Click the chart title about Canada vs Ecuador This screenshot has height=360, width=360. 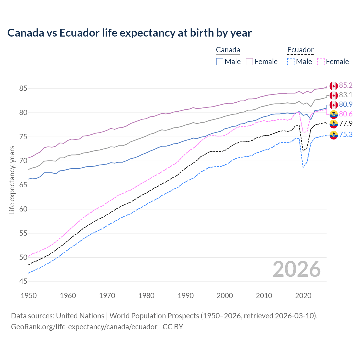pos(129,33)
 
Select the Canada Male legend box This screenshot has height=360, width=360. pos(220,62)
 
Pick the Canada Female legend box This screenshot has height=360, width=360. pos(249,62)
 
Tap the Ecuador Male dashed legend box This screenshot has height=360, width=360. pos(291,62)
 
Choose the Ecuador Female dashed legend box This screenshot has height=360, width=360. pos(321,62)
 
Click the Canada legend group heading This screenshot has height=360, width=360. pos(228,50)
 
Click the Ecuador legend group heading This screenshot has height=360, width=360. pos(300,50)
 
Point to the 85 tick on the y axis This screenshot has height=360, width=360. pos(23,89)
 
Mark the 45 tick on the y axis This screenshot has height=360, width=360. pos(23,281)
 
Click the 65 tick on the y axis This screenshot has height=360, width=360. pos(23,185)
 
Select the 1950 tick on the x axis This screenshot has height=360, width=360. pos(29,296)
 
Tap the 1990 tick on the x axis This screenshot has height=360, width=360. pos(186,296)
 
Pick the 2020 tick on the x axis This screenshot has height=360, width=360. pos(303,296)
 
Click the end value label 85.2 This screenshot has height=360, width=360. pos(346,85)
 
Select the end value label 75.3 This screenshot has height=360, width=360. pos(346,135)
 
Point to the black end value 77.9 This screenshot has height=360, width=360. pos(346,123)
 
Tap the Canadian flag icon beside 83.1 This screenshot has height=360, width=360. pos(334,95)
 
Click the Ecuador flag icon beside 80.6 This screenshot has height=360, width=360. pos(334,114)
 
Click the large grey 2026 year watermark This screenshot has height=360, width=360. pos(297,269)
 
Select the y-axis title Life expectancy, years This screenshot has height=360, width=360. pos(12,180)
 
